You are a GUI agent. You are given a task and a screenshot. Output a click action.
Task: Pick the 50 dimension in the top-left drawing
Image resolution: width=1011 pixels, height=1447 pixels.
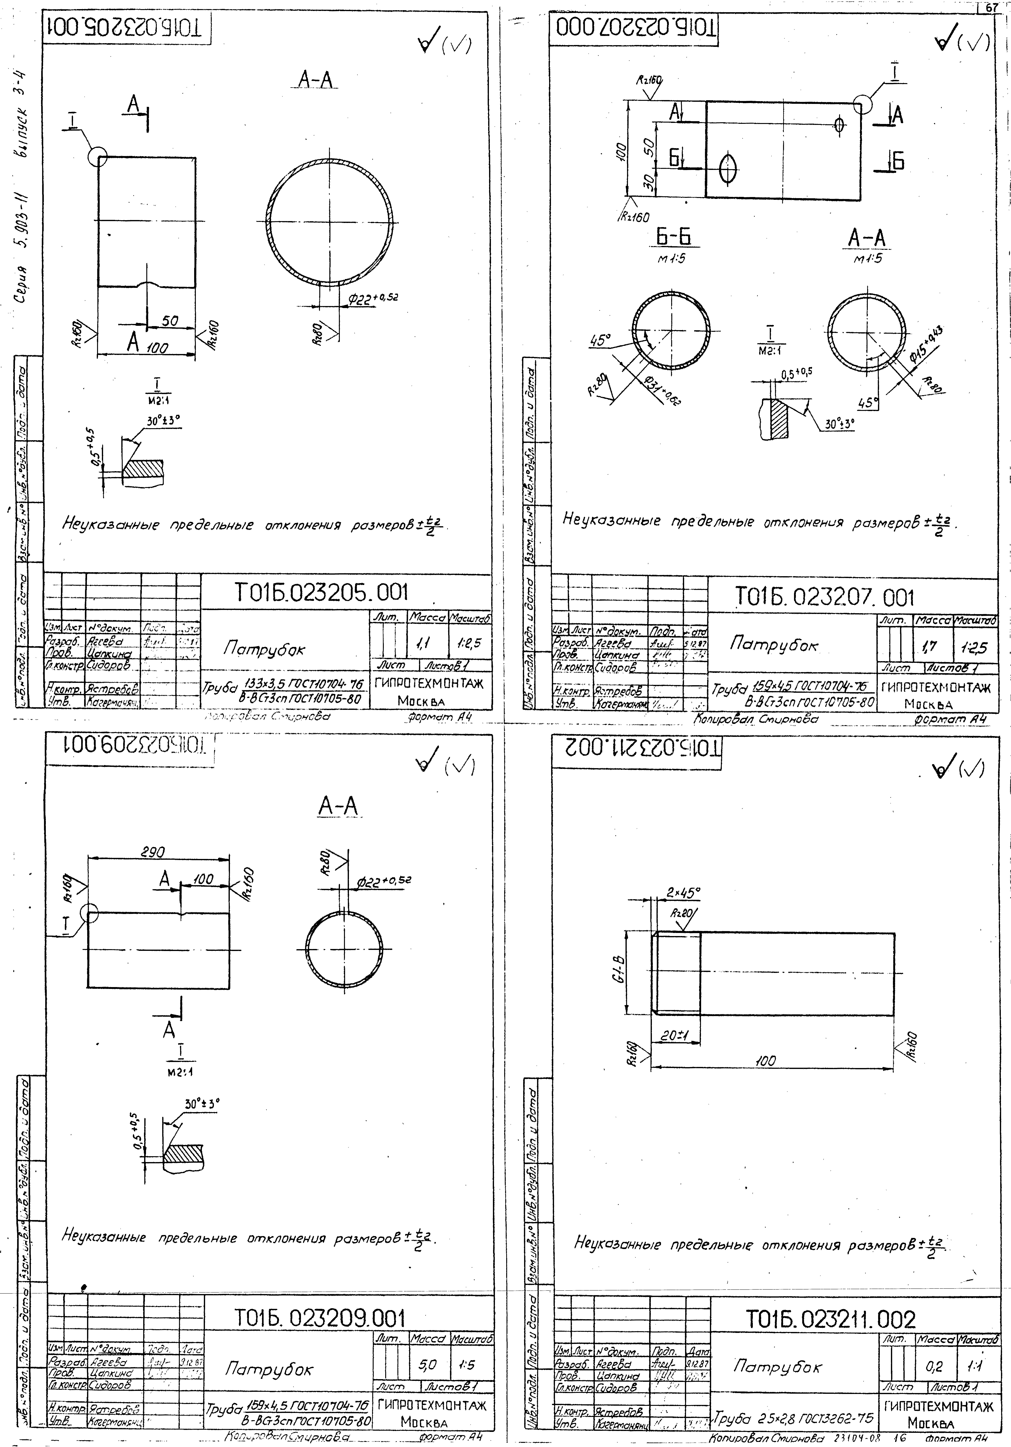pyautogui.click(x=170, y=321)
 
